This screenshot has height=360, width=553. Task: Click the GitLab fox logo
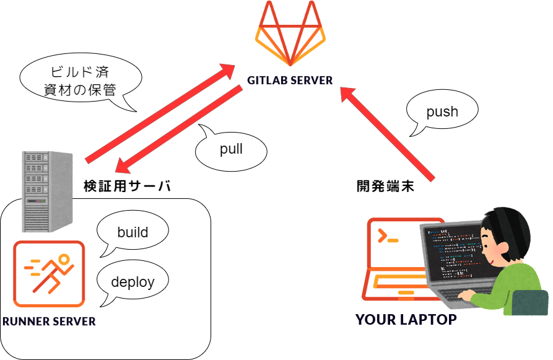click(290, 34)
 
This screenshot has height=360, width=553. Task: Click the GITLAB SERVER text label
click(290, 81)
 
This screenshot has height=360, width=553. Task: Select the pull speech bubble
click(231, 149)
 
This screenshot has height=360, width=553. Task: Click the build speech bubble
click(133, 233)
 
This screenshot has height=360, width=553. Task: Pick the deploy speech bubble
click(133, 282)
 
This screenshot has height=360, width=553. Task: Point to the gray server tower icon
click(45, 190)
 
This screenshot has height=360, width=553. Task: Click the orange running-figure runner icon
click(49, 273)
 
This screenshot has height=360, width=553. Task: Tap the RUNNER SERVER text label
click(49, 321)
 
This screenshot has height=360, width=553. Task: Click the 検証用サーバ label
click(127, 185)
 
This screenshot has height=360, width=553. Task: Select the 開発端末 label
click(385, 185)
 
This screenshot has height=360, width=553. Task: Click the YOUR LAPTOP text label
click(406, 320)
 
